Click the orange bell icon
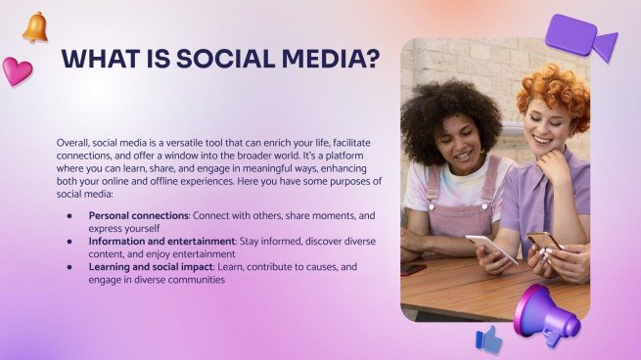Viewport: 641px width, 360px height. [36, 27]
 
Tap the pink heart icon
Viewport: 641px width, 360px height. [17, 70]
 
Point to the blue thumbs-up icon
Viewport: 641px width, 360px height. [488, 338]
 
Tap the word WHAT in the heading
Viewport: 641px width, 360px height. [97, 59]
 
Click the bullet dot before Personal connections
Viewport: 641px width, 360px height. [69, 214]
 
